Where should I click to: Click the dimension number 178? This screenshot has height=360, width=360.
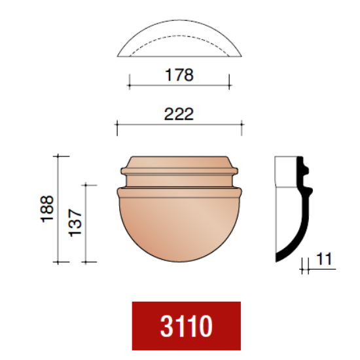[x=179, y=75]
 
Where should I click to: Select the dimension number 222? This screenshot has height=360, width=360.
[x=179, y=114]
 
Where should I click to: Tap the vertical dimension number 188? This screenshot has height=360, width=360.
[x=47, y=209]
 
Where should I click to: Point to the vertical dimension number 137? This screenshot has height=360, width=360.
[x=75, y=223]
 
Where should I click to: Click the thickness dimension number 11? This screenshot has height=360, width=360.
[x=324, y=259]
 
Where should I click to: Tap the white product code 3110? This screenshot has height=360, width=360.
[x=186, y=326]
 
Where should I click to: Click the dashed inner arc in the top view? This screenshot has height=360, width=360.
[x=179, y=35]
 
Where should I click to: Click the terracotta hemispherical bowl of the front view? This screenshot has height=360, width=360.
[x=179, y=227]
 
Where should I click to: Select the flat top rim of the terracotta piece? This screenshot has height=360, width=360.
[x=179, y=157]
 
